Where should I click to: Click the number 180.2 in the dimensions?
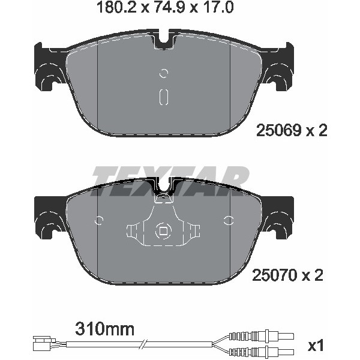(x=117, y=7)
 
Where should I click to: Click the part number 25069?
(x=278, y=130)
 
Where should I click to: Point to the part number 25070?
(x=274, y=275)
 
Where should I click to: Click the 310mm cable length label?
(x=104, y=329)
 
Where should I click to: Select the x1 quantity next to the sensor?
(x=316, y=346)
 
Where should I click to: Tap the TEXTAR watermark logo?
(x=170, y=181)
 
